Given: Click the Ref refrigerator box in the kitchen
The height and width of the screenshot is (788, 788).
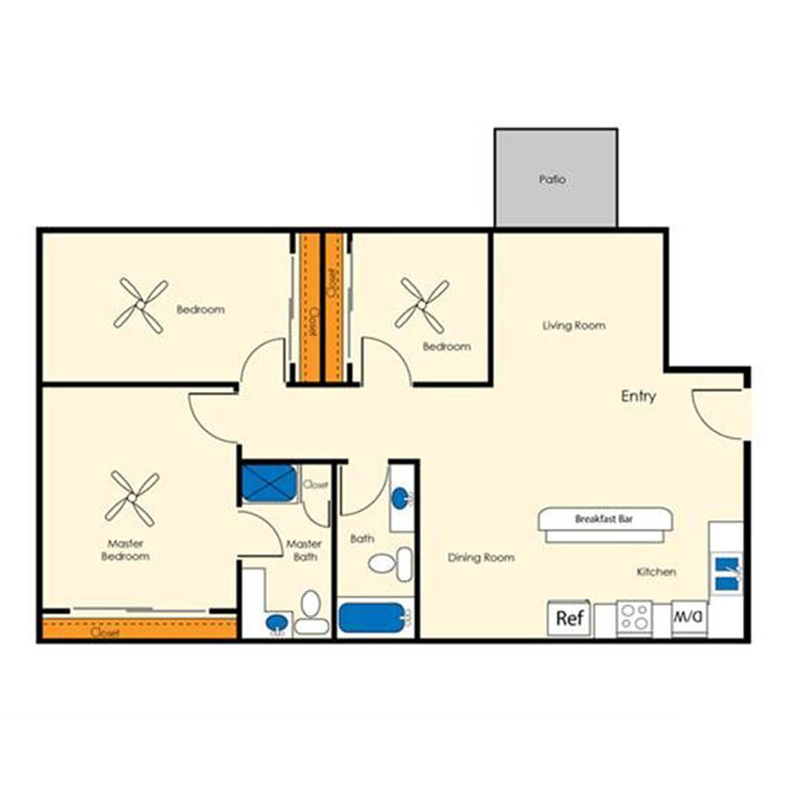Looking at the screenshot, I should (x=569, y=618).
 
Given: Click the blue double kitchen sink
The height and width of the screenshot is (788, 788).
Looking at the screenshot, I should (x=725, y=571).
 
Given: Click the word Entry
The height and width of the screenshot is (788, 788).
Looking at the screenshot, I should (x=638, y=396).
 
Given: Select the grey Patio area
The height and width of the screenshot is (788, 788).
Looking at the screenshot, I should (x=555, y=178).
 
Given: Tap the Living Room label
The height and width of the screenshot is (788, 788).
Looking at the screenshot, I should (x=573, y=326).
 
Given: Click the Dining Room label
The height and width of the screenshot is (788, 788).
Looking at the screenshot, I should (x=481, y=558).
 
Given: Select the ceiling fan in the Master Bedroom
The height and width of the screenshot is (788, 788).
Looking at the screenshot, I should (x=132, y=499).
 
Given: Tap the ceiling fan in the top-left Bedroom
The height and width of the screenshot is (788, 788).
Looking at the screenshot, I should (x=140, y=305).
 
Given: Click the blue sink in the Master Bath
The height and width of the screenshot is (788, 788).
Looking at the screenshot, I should (x=277, y=623).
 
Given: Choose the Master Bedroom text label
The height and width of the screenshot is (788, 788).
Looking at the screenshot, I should (x=125, y=550).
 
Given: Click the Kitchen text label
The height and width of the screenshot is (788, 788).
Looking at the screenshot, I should (x=656, y=572).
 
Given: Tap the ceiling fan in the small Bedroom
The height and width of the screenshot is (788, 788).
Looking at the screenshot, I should (x=423, y=305).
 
